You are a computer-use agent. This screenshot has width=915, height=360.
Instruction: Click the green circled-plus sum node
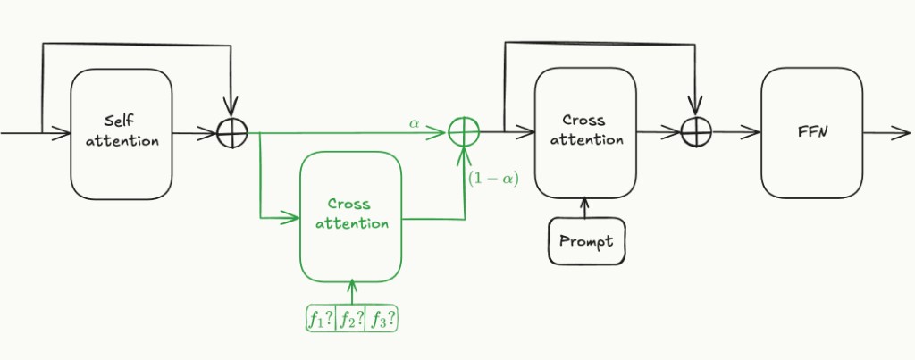(x=464, y=133)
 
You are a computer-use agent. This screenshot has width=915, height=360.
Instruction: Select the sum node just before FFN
(x=694, y=133)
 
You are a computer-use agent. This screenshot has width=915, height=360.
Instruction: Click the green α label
(x=414, y=122)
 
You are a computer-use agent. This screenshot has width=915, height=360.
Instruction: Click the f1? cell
(x=320, y=318)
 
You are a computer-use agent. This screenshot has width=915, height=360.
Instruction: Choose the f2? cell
(x=351, y=318)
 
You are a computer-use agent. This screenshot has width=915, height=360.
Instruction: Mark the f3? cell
(x=382, y=318)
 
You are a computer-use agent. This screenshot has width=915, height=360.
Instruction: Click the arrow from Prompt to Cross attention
(x=585, y=207)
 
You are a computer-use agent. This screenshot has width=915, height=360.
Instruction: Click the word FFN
(x=811, y=130)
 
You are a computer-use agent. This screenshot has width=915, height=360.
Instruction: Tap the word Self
(x=119, y=120)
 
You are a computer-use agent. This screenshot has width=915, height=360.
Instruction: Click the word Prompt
(x=586, y=240)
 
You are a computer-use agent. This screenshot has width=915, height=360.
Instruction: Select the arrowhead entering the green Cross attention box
(x=292, y=216)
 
